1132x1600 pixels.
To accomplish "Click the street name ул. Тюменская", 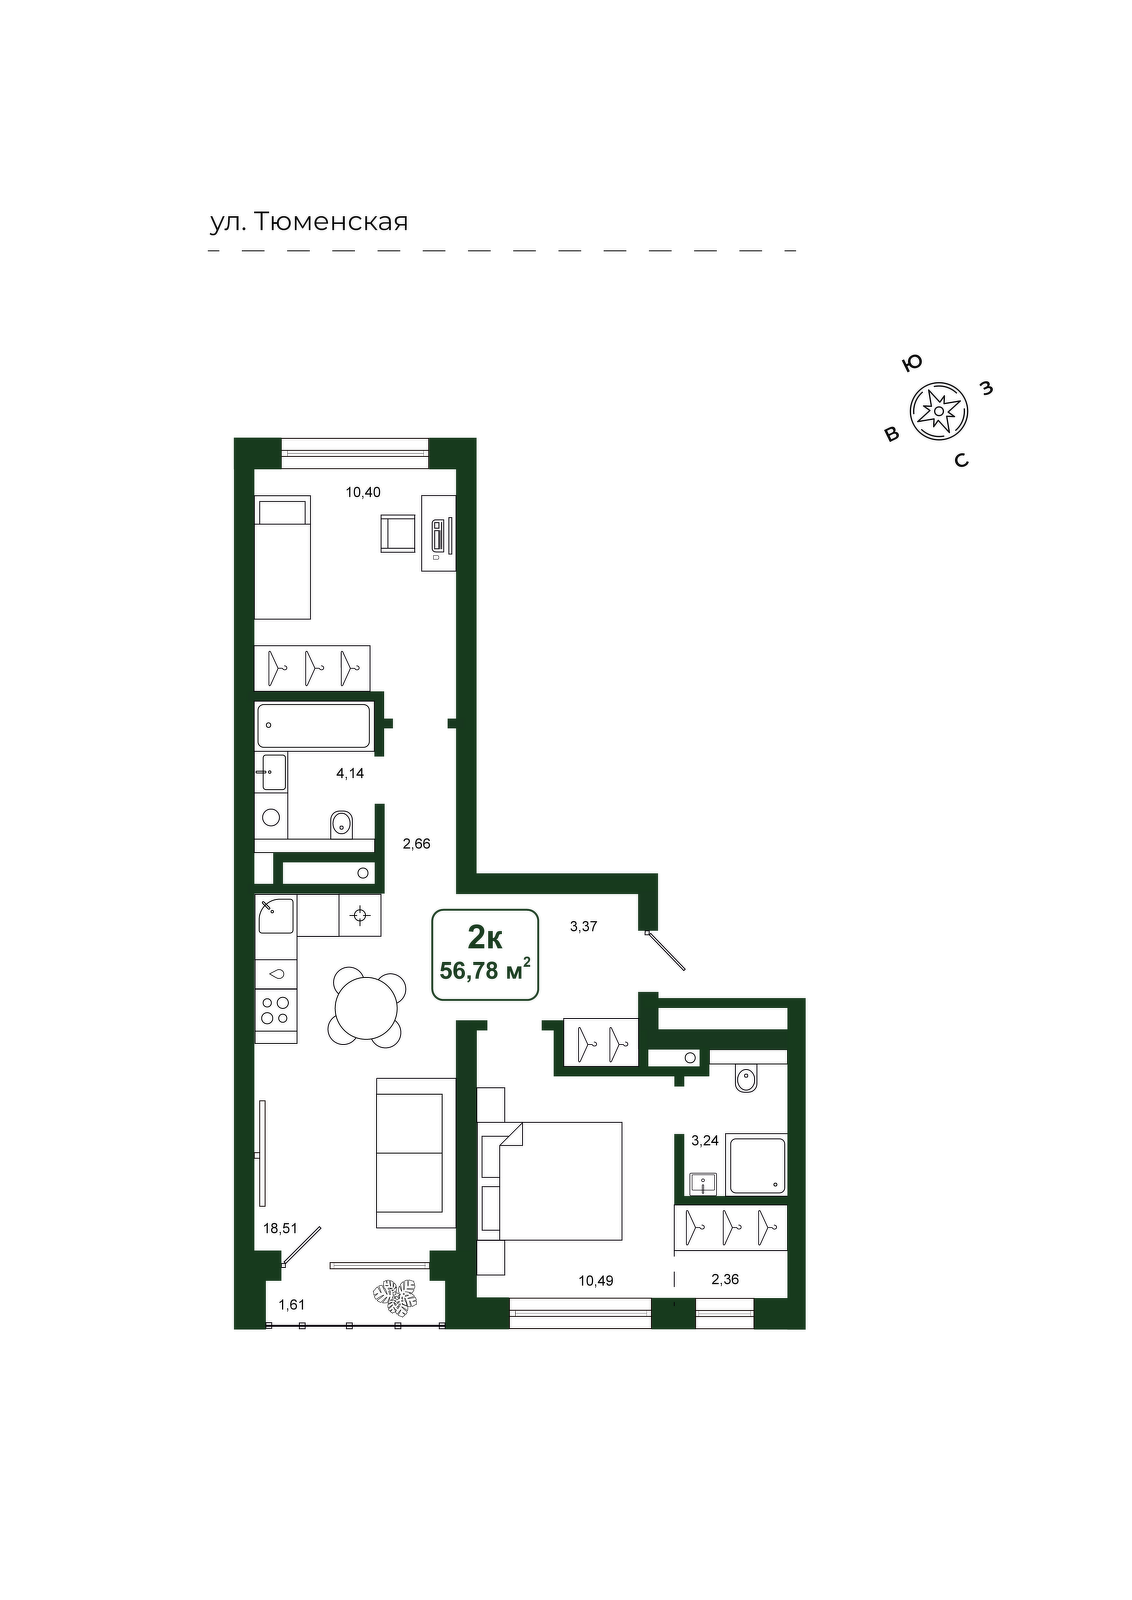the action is tap(309, 222).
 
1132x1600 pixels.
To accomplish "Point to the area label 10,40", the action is tap(363, 492).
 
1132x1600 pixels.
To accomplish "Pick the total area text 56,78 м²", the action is tap(485, 970).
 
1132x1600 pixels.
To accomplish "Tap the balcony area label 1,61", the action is tap(291, 1305).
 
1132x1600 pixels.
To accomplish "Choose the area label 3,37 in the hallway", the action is tap(583, 926).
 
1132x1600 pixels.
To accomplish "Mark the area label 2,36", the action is tap(725, 1279).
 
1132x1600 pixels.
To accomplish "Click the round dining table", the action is tap(366, 1007).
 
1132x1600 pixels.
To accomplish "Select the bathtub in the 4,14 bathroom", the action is tap(315, 726).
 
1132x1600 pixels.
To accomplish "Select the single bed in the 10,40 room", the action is tap(283, 557).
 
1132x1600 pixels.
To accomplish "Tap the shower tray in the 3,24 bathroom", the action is tap(756, 1166).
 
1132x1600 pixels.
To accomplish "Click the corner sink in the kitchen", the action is tap(276, 915).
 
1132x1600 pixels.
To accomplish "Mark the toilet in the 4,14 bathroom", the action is tap(342, 825).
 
